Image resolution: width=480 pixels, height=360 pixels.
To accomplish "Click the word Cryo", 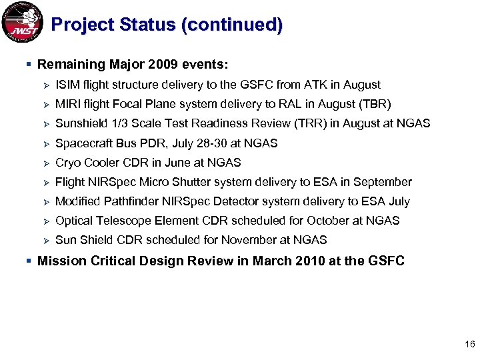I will coord(69,163).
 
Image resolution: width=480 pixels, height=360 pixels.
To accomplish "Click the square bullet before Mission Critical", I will coord(27,261).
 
